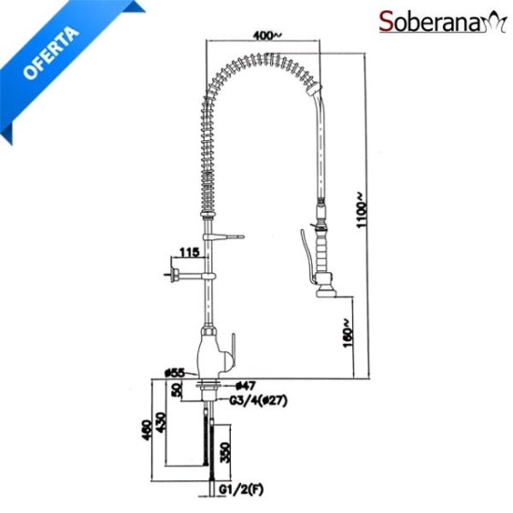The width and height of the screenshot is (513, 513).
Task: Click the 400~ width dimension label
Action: tap(267, 35)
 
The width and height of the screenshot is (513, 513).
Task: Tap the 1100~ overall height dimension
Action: tap(362, 209)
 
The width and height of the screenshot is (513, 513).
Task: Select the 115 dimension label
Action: tap(189, 252)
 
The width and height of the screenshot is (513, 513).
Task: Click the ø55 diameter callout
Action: tap(175, 373)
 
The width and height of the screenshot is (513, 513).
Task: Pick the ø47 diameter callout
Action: tap(246, 386)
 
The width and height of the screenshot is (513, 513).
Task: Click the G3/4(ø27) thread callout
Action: tap(258, 401)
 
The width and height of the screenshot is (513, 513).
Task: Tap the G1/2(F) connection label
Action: tap(241, 489)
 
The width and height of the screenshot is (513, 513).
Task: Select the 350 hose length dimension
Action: tap(225, 452)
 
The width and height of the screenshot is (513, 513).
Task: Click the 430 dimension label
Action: tap(162, 422)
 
